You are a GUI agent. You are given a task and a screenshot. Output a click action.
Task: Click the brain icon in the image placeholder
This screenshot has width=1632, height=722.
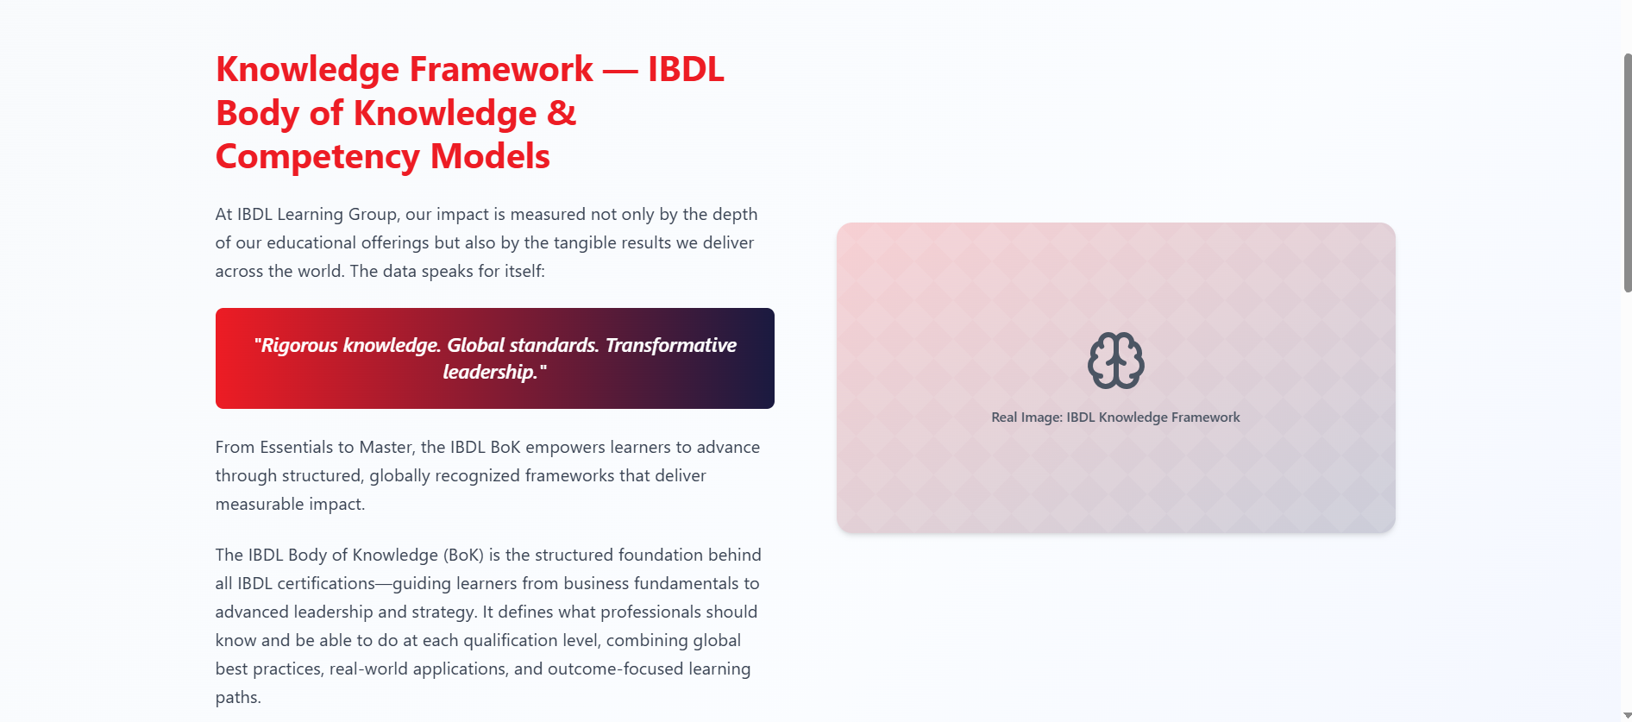pos(1115,361)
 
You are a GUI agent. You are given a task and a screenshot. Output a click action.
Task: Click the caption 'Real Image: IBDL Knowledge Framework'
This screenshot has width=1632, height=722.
pos(1115,418)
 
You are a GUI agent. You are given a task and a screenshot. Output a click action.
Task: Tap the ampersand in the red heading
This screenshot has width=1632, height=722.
pos(562,113)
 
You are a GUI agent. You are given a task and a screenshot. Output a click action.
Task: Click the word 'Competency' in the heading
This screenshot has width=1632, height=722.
pos(317,157)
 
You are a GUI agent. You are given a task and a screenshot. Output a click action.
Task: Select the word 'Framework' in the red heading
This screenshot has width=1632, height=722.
pos(501,69)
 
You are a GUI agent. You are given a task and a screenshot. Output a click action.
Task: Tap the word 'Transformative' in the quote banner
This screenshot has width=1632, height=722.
pos(671,345)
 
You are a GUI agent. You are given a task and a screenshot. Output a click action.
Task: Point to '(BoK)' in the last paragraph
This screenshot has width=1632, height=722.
pos(463,555)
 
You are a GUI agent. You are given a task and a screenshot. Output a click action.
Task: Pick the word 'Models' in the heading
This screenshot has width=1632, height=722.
pos(490,156)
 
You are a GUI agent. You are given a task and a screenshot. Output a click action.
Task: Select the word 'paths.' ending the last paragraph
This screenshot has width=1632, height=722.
pos(238,698)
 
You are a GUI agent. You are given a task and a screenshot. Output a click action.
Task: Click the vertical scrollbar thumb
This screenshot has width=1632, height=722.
pos(1628,173)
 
